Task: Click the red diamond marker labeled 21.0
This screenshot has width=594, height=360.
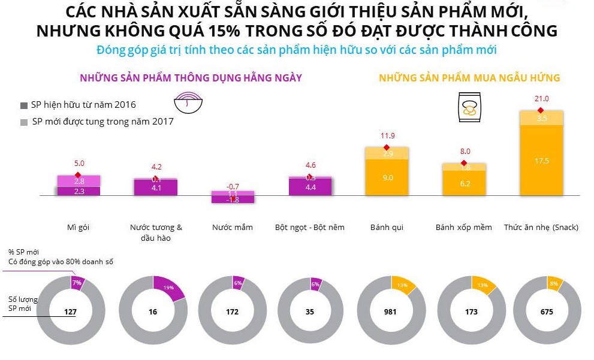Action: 540,110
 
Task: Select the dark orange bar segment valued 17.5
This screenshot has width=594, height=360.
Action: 541,161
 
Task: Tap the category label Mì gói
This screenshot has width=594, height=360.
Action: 79,228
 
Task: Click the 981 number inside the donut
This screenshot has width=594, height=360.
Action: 390,312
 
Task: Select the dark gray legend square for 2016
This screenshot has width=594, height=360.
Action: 24,105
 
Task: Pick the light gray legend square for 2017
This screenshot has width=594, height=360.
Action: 24,122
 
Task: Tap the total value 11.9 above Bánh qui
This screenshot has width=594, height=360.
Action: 387,136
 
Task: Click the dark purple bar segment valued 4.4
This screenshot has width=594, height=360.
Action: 310,187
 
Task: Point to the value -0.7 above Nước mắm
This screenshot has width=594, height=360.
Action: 233,186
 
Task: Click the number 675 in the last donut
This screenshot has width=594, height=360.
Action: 547,312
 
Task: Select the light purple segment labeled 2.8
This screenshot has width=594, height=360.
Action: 79,181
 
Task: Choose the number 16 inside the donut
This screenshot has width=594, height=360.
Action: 153,312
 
